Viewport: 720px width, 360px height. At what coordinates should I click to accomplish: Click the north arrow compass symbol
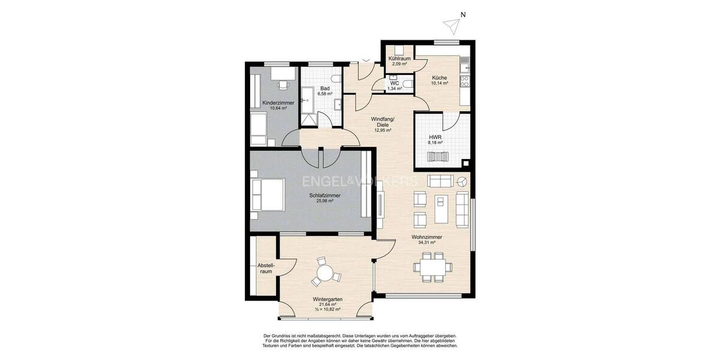point(451,23)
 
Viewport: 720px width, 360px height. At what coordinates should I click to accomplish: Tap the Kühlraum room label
point(400,58)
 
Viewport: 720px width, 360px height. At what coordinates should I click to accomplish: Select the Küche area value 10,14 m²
point(439,83)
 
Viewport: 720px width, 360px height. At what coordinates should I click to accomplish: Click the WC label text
point(394,83)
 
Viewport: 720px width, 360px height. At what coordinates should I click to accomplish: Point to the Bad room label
point(325,88)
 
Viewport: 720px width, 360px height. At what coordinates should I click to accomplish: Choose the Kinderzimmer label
point(278,103)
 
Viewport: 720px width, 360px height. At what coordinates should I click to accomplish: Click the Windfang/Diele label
point(382,122)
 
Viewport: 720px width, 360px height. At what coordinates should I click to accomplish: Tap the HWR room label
point(436,138)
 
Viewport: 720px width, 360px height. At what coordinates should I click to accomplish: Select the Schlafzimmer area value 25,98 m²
point(325,201)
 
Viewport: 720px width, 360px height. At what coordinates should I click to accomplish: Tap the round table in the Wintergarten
point(325,274)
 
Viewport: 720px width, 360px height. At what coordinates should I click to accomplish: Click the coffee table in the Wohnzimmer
point(442,209)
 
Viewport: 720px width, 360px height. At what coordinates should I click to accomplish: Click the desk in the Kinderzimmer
point(282,73)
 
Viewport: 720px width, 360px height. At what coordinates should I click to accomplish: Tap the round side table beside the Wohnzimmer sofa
point(462,182)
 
